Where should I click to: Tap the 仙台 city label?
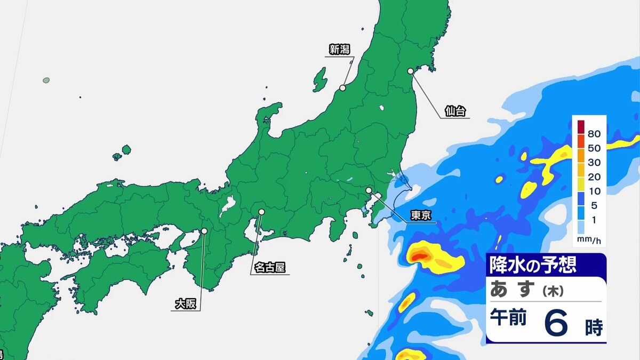(455, 111)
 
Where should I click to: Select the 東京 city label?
(421, 215)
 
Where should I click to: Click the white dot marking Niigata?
(343, 88)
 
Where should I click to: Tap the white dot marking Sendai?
(411, 71)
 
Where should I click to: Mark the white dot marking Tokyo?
(369, 190)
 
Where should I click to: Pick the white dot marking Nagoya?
(261, 212)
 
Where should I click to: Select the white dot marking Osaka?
(204, 231)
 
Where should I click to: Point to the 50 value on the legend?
(594, 148)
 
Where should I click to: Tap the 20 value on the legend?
(594, 177)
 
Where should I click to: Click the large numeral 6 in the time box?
(556, 324)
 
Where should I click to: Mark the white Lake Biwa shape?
(228, 205)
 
